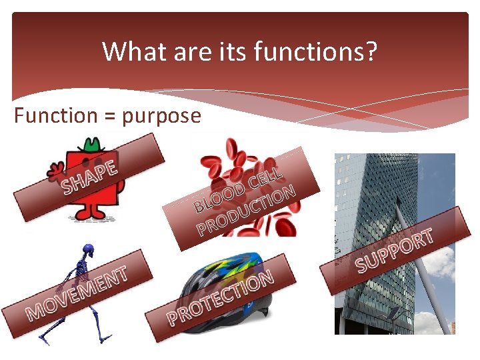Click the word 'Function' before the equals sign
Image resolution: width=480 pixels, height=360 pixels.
coord(55,115)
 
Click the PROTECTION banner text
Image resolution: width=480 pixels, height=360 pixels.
coord(220,297)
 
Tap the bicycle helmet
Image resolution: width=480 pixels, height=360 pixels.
coord(227,273)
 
